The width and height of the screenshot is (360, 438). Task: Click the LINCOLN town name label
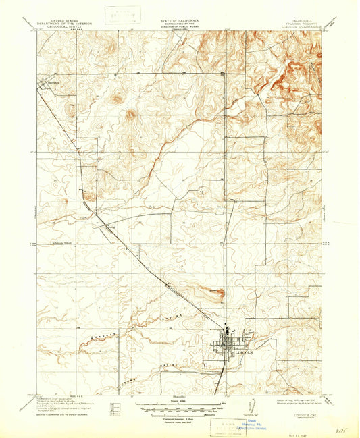coord(238,352)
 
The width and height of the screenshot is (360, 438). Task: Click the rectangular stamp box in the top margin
coord(119,14)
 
